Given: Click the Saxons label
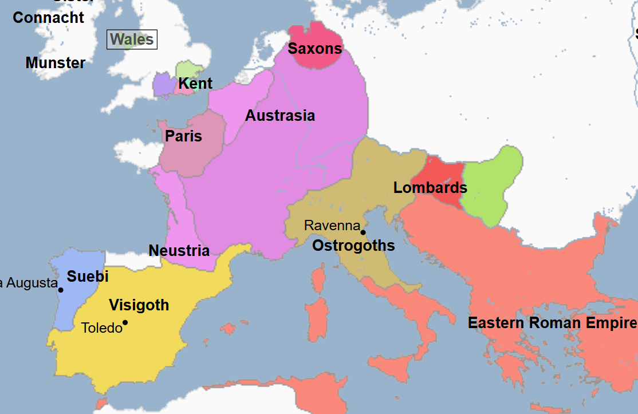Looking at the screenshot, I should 314,49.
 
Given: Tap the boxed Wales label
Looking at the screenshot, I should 132,40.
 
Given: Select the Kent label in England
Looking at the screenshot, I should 195,84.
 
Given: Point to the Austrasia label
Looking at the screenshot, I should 280,116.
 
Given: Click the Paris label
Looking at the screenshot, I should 183,136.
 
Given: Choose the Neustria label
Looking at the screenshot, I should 179,251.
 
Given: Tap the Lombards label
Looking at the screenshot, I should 430,188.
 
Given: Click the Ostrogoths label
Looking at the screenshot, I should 353,246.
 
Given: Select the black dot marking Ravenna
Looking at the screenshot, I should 363,232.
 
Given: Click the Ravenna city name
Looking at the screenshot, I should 332,226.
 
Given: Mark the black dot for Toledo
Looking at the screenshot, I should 125,322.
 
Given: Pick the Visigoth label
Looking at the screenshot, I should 139,305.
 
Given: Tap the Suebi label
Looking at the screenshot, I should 88,277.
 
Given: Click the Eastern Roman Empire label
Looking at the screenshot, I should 552,323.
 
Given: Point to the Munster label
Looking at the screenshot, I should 56,63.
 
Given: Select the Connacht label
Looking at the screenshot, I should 49,18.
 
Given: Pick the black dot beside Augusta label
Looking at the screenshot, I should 61,290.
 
